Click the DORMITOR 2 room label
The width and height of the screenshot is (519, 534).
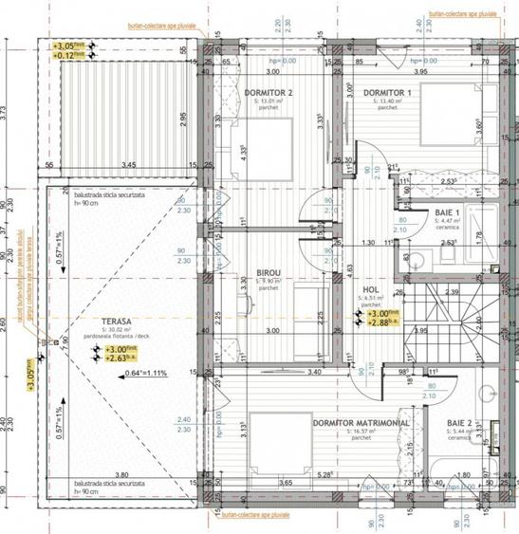pyautogui.click(x=267, y=91)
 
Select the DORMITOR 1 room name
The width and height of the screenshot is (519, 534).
pyautogui.click(x=393, y=91)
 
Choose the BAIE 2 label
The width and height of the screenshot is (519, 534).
pyautogui.click(x=460, y=427)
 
